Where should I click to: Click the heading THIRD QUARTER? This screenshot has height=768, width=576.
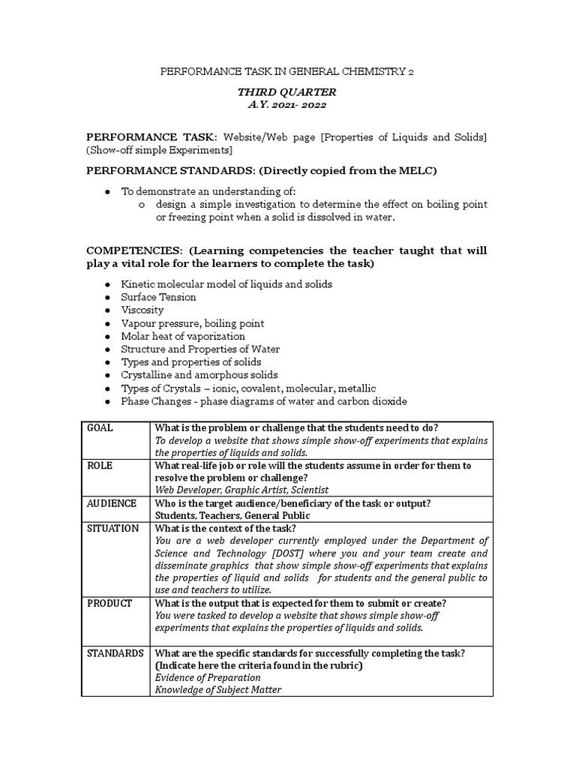point(287,92)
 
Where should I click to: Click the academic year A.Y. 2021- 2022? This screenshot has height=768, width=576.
point(287,105)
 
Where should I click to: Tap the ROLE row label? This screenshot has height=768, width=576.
point(100,466)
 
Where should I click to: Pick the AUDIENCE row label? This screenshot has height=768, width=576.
point(112,503)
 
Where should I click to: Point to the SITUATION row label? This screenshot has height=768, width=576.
point(113,528)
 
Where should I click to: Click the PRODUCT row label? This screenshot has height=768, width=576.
point(109,603)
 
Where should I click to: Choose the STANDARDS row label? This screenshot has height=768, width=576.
point(115,653)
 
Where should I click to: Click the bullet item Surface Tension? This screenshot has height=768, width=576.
point(158,297)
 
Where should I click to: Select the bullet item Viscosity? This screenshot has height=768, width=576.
point(142,310)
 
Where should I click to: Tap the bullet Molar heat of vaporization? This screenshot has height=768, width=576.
point(183,336)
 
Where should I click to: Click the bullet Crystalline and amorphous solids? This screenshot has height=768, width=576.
point(199,375)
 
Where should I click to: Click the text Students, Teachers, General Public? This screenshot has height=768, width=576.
point(232,515)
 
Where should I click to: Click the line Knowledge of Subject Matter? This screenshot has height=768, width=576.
point(217,690)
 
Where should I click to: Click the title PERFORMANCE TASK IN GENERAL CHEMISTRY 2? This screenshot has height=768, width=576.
point(287,72)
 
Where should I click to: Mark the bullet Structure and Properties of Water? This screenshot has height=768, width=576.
point(200,349)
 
